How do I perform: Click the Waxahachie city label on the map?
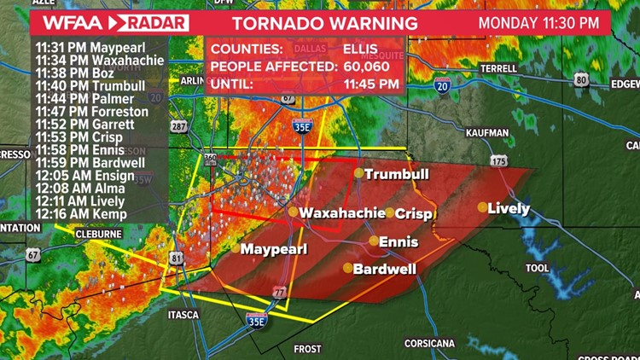[x=340, y=212]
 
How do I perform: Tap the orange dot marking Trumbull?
[x=359, y=173]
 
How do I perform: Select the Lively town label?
[x=509, y=208]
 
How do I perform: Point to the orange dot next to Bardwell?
[x=347, y=268]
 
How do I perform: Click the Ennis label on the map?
[x=399, y=242]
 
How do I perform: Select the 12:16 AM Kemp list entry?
[x=81, y=214]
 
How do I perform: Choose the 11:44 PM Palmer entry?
[x=81, y=99]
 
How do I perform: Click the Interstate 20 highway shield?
[x=441, y=85]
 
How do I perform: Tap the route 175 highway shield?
[x=498, y=160]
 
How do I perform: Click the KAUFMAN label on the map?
[x=487, y=133]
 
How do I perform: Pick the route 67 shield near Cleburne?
[x=32, y=255]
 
